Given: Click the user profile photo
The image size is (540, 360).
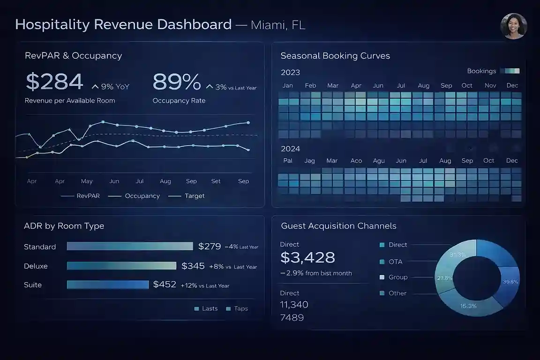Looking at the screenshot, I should point(514,26).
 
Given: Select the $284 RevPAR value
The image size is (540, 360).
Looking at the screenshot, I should point(54,82).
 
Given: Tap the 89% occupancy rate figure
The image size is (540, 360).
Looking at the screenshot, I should point(177,82).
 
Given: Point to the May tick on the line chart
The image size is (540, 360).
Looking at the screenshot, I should point(87,181).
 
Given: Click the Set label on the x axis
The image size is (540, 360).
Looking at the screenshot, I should point(216,181).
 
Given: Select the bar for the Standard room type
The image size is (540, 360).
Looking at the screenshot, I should point(130,246).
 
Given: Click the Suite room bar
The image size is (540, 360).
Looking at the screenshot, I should point(108,285).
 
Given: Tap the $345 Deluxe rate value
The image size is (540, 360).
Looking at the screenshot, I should point(193,266).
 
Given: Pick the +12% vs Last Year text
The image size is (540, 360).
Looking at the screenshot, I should point(205,285).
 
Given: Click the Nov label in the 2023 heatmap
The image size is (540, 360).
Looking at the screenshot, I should point(490,85).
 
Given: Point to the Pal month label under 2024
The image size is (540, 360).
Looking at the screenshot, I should point(288,160).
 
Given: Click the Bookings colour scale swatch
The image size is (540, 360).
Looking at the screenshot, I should point(510,71).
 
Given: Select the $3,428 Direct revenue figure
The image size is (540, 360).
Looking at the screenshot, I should point(307,257).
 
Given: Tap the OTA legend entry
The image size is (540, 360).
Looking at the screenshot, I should point(395,262).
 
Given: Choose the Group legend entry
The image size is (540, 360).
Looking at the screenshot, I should point(397,277).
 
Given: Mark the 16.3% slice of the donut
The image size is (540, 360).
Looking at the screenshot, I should point(468,306).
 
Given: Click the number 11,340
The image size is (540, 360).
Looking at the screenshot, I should point(294,305).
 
